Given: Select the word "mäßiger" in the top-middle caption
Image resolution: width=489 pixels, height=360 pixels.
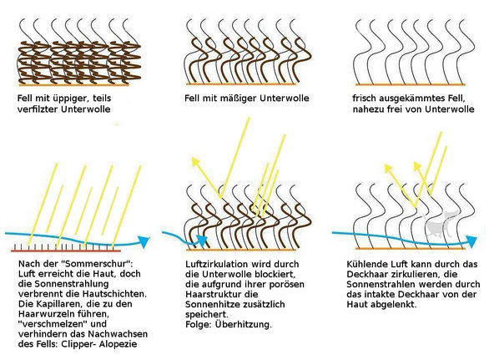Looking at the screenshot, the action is click(240, 99).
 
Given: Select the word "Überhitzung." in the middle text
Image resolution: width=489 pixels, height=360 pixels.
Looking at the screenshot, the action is click(244, 324).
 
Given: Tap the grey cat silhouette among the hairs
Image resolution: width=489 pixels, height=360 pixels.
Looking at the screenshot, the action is click(440, 224).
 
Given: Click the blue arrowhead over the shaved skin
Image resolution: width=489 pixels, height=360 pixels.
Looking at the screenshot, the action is click(144, 241).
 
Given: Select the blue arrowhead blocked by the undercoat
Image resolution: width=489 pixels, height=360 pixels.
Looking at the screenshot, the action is click(203, 240).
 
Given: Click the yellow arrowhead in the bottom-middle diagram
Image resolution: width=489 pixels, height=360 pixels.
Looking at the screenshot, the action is click(195, 161).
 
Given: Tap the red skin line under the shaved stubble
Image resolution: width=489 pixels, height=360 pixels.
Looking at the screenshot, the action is click(66, 251).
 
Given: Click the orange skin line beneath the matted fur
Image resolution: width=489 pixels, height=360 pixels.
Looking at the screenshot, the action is click(74, 84).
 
